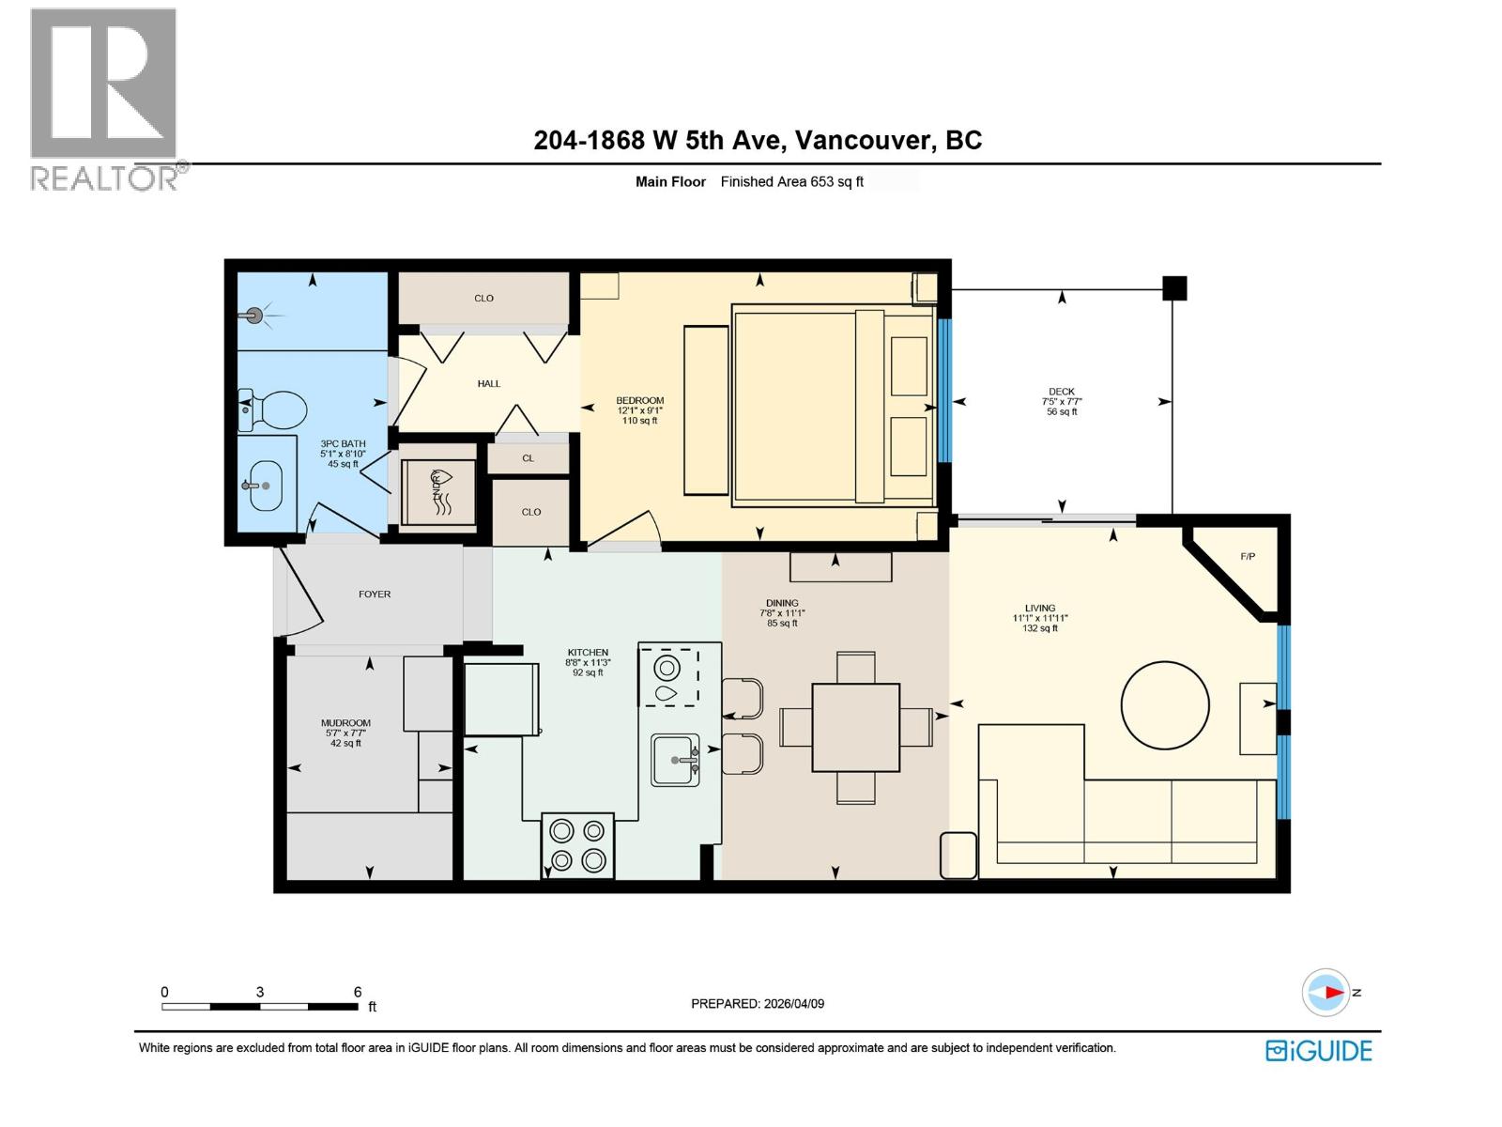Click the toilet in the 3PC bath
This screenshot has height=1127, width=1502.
pos(277,410)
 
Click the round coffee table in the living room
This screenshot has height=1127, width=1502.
pos(1165,705)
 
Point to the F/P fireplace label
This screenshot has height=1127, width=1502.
pos(1248,557)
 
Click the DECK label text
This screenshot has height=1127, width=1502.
pos(1062,392)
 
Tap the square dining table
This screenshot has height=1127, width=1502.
pos(855,727)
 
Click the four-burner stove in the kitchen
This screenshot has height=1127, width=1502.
pos(577,845)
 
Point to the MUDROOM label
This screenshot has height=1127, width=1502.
pos(345,723)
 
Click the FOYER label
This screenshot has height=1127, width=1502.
pos(375,594)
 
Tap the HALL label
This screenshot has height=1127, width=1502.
pos(489,383)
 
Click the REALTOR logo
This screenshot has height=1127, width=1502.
pos(104,99)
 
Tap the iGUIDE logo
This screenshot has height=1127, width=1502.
pos(1319,1050)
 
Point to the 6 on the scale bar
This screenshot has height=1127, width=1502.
pos(358,992)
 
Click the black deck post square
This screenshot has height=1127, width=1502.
pos(1174,287)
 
